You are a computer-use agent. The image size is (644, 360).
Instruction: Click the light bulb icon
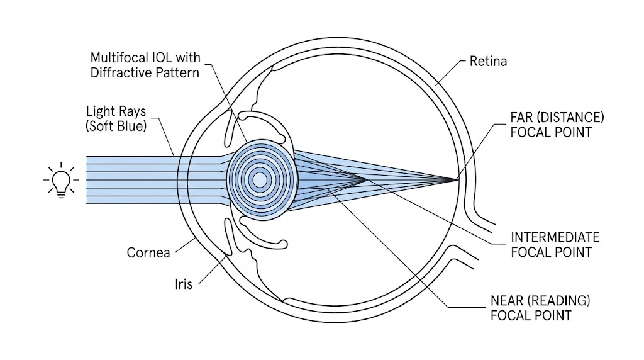[x=61, y=180]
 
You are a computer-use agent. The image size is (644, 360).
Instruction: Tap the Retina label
[x=488, y=61]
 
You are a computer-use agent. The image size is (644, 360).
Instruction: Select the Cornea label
[x=148, y=252]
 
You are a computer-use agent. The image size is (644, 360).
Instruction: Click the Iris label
[x=184, y=284]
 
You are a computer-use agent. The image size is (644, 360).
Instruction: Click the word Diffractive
[x=116, y=73]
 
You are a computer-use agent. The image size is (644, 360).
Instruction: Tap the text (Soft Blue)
[x=116, y=126]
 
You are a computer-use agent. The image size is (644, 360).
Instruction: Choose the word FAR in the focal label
[x=520, y=118]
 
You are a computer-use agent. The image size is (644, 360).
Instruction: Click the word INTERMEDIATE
[x=555, y=237]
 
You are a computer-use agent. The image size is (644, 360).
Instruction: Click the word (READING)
[x=558, y=301]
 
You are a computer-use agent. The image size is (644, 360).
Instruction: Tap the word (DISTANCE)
[x=569, y=118]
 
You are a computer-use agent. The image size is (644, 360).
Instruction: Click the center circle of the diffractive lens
[x=260, y=179]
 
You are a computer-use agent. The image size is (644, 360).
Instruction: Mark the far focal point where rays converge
[x=456, y=179]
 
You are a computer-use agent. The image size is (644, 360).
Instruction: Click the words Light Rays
[x=116, y=111]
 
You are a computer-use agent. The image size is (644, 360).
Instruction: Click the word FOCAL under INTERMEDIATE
[x=530, y=252]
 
